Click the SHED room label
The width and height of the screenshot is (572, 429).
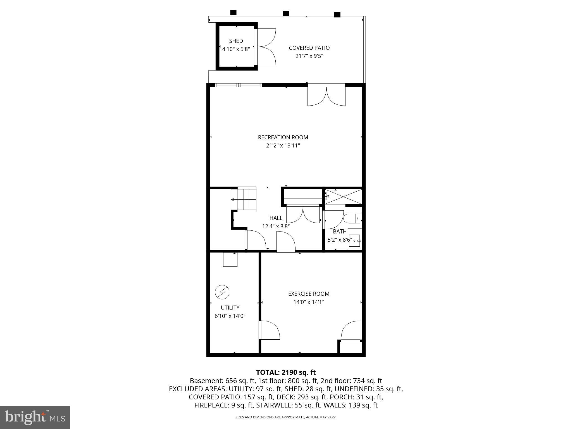tap(236, 41)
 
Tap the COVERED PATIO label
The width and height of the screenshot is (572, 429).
tap(309, 48)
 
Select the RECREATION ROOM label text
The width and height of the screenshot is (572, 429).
tap(283, 137)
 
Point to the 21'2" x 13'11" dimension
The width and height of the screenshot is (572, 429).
tap(283, 146)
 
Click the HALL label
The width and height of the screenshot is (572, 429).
tap(276, 218)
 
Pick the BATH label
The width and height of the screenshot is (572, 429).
tap(340, 232)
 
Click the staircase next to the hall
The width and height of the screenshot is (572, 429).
tap(243, 199)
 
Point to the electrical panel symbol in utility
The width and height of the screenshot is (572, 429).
tap(222, 292)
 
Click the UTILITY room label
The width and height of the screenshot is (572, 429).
tap(230, 308)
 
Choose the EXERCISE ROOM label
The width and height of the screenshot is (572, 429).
tap(309, 294)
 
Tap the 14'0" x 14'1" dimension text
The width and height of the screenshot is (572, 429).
tap(309, 302)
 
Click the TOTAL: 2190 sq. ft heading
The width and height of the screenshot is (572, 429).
tap(286, 372)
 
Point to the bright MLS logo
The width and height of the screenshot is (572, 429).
tap(35, 418)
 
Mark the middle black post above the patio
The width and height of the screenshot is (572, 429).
tap(286, 13)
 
